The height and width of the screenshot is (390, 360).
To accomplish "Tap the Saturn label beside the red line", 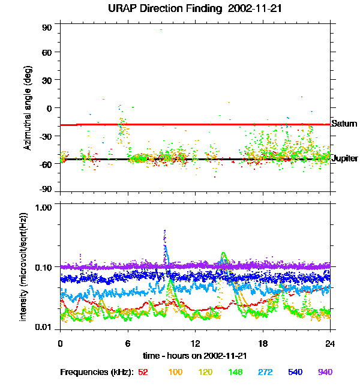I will pos(344,124).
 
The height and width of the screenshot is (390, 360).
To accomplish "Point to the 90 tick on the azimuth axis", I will pos(46,28).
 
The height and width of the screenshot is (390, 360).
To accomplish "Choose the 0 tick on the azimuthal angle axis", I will pos(49,108).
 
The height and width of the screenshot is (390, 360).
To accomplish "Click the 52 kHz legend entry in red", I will pos(143,372).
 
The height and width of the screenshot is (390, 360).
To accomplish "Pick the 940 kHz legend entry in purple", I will pos(325,372).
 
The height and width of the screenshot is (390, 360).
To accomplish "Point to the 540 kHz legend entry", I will pos(294,372).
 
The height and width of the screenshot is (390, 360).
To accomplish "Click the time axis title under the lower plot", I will pos(195,356).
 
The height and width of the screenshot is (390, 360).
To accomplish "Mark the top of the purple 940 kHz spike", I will pos(164,230).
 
